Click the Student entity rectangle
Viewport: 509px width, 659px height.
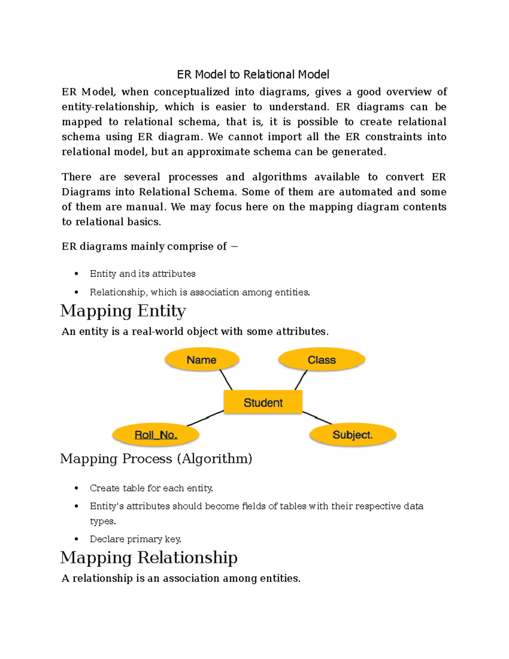pos(263,402)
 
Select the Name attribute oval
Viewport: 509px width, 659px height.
pos(202,360)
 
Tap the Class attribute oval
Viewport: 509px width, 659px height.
pos(322,360)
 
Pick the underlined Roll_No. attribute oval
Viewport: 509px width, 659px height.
pos(156,435)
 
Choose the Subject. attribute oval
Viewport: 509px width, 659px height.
pos(352,435)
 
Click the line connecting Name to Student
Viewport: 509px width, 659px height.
pos(226,380)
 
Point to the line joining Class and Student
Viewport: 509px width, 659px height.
pos(301,380)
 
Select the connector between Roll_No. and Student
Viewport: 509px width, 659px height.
pos(205,418)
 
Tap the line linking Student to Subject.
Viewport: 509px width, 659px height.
pos(317,418)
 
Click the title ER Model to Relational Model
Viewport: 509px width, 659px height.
pos(253,75)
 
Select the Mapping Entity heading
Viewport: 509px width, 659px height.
pos(123,311)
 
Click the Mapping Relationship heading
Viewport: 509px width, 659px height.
pos(149,558)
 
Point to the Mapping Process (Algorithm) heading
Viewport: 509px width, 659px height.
pos(156,459)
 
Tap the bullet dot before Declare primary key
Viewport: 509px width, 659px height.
pos(76,539)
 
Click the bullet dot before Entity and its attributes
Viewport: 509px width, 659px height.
pos(76,274)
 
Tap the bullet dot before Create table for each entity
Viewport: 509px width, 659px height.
pos(76,488)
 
